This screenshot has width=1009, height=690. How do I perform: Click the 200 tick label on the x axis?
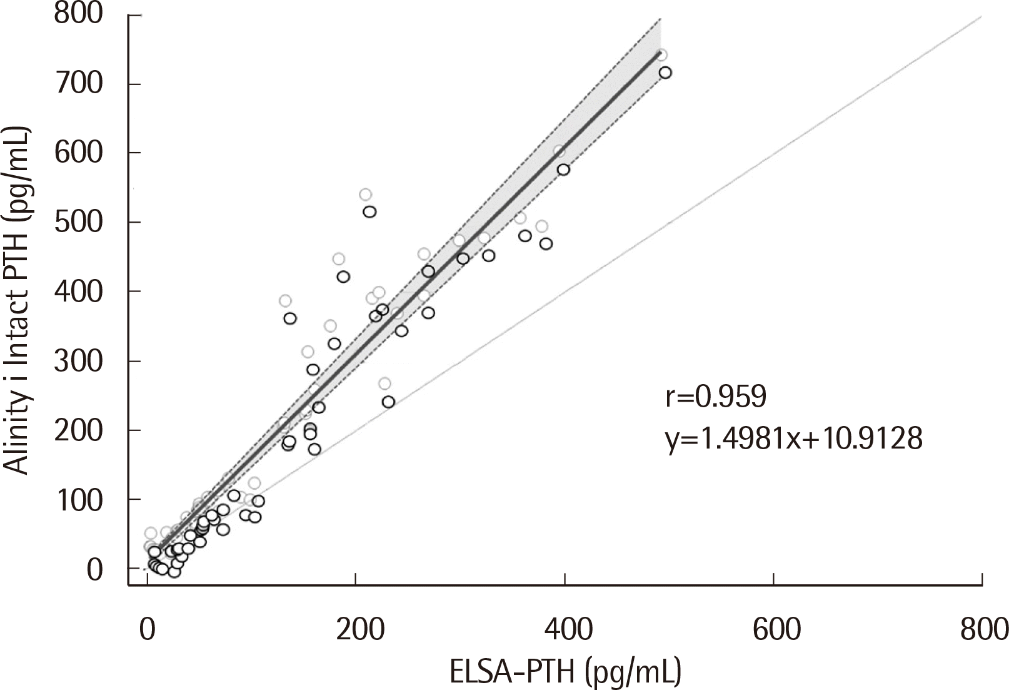click(356, 629)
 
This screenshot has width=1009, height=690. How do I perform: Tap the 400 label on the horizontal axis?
click(565, 629)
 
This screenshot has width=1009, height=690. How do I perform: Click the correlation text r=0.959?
click(715, 397)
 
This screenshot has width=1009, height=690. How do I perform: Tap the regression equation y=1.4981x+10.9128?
click(794, 439)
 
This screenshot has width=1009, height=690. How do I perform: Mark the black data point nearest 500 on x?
click(665, 73)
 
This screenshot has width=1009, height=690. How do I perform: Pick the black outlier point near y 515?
click(369, 211)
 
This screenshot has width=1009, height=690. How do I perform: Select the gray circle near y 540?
click(365, 195)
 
